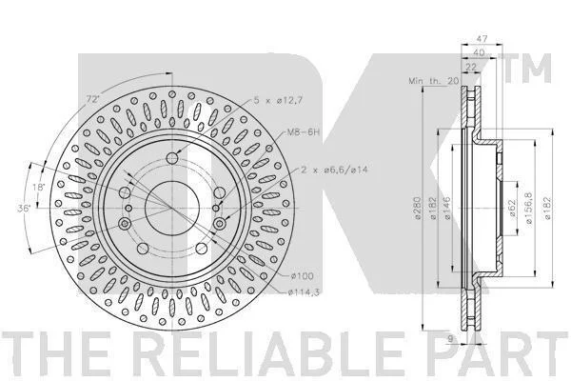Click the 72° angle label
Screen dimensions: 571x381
coord(92,99)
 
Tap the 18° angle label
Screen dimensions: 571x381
coord(39,188)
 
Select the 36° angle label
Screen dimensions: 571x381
coord(25,209)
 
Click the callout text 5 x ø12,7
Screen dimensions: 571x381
coord(278,101)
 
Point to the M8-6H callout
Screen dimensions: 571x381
coord(304,132)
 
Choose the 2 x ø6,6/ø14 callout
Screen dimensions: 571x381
coord(335,170)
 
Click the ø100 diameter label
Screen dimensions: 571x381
coord(302,276)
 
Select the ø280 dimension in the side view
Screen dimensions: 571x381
coord(418,209)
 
